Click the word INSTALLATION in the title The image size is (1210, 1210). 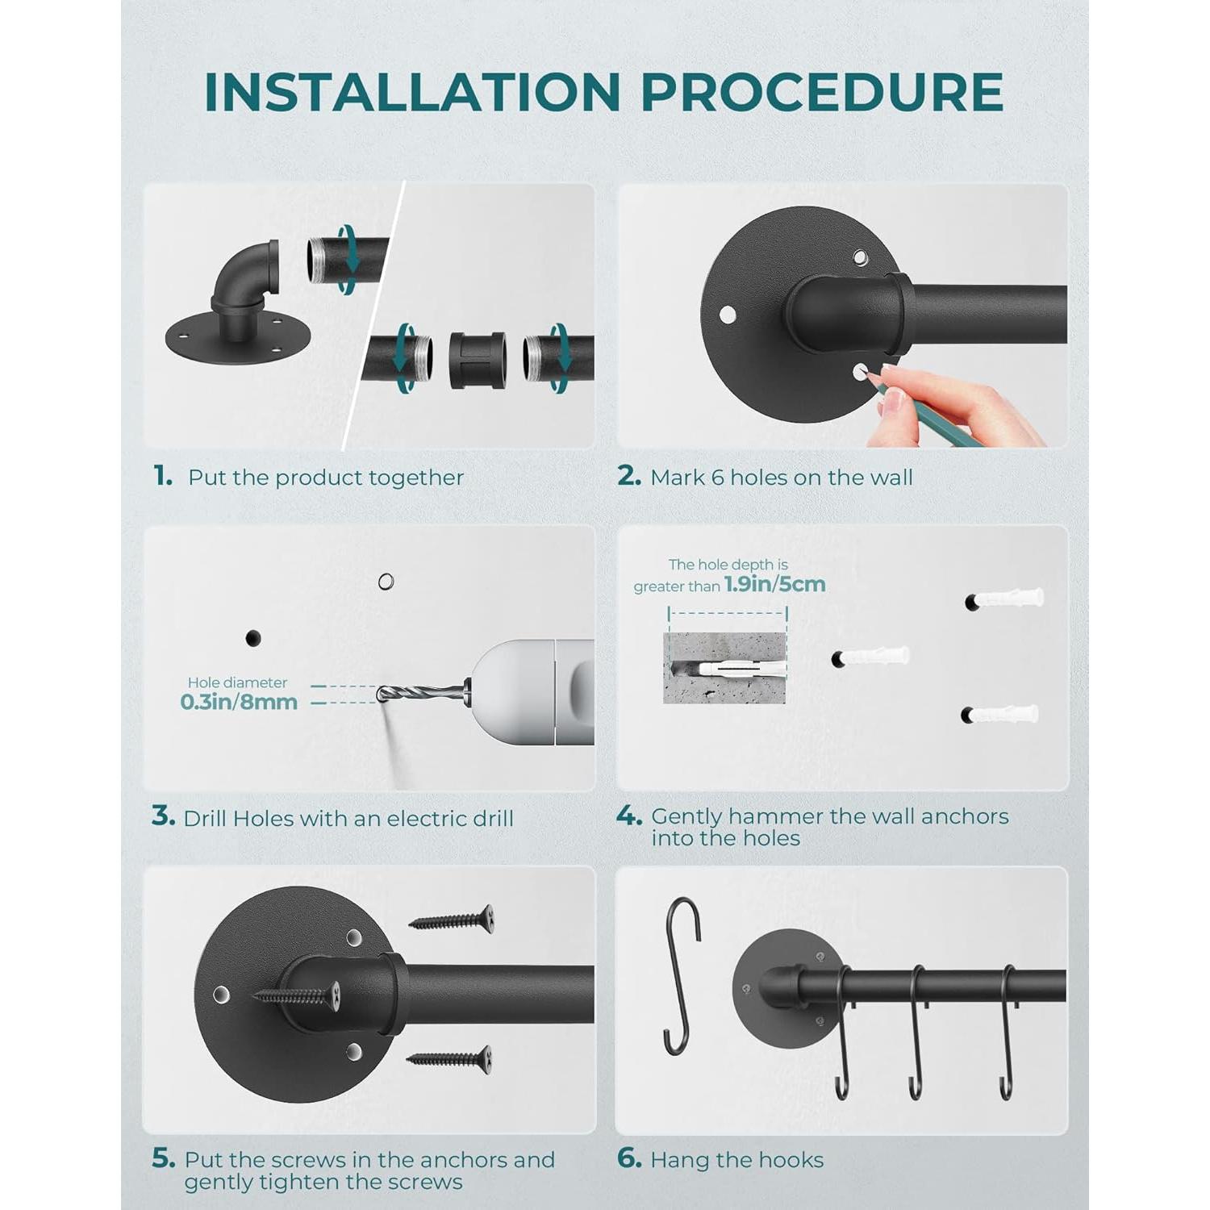[x=412, y=92]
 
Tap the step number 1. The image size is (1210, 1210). [x=162, y=476]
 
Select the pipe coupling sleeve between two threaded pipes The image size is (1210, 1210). [x=478, y=360]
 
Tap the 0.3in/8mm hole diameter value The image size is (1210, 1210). [x=239, y=702]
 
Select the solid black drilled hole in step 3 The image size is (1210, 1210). [x=253, y=638]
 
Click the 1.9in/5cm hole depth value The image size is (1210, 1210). [x=774, y=584]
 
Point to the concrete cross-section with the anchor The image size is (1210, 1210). [x=724, y=668]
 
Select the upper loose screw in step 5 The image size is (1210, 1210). [x=453, y=920]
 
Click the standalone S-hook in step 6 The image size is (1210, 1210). [x=682, y=976]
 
